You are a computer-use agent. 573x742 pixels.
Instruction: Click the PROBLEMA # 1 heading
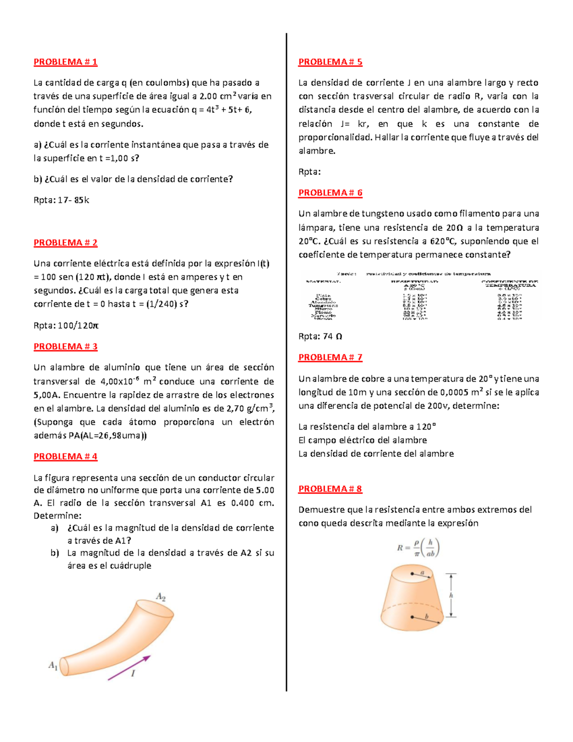tap(65, 62)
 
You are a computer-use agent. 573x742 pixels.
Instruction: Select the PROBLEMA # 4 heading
tap(65, 456)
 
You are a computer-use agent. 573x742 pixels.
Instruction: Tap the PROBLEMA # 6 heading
tap(330, 193)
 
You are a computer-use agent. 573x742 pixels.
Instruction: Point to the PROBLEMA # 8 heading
tap(330, 489)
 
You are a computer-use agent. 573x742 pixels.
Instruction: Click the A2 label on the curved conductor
tap(160, 597)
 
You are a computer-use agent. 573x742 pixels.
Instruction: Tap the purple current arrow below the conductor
tap(129, 667)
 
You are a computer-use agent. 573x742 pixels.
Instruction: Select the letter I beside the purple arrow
tap(133, 673)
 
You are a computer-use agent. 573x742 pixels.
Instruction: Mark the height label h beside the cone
tap(451, 595)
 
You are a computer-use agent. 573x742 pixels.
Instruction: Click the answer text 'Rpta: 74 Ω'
tap(320, 336)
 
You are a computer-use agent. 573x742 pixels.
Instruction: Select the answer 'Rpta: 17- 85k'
tap(61, 200)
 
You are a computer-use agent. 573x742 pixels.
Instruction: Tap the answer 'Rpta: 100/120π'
tap(66, 326)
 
